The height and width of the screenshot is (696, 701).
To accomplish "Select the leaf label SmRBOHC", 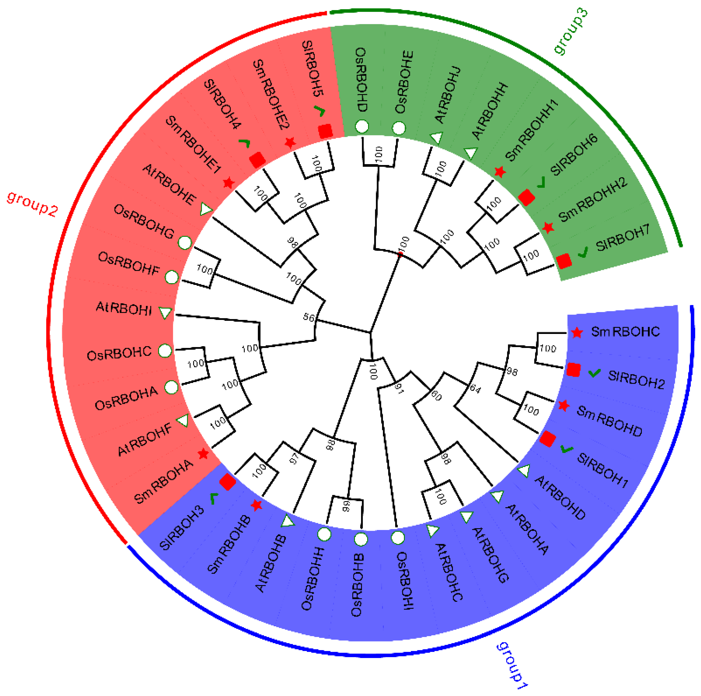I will tap(625, 332).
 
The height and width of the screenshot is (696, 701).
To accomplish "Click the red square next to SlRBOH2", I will tap(573, 370).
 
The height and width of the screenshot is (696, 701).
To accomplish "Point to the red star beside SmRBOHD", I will tap(563, 406).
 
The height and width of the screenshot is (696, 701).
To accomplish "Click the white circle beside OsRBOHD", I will tap(362, 126).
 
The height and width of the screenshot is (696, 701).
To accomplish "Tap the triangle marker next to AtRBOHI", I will tap(165, 312).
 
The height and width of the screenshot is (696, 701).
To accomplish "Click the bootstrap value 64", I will tap(475, 389).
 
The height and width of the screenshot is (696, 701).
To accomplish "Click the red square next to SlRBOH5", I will tap(325, 131).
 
